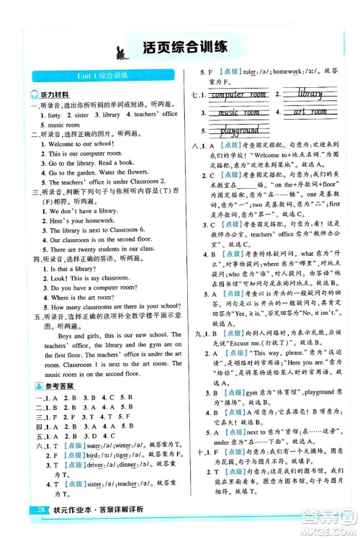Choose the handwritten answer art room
click(x=310, y=112)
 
